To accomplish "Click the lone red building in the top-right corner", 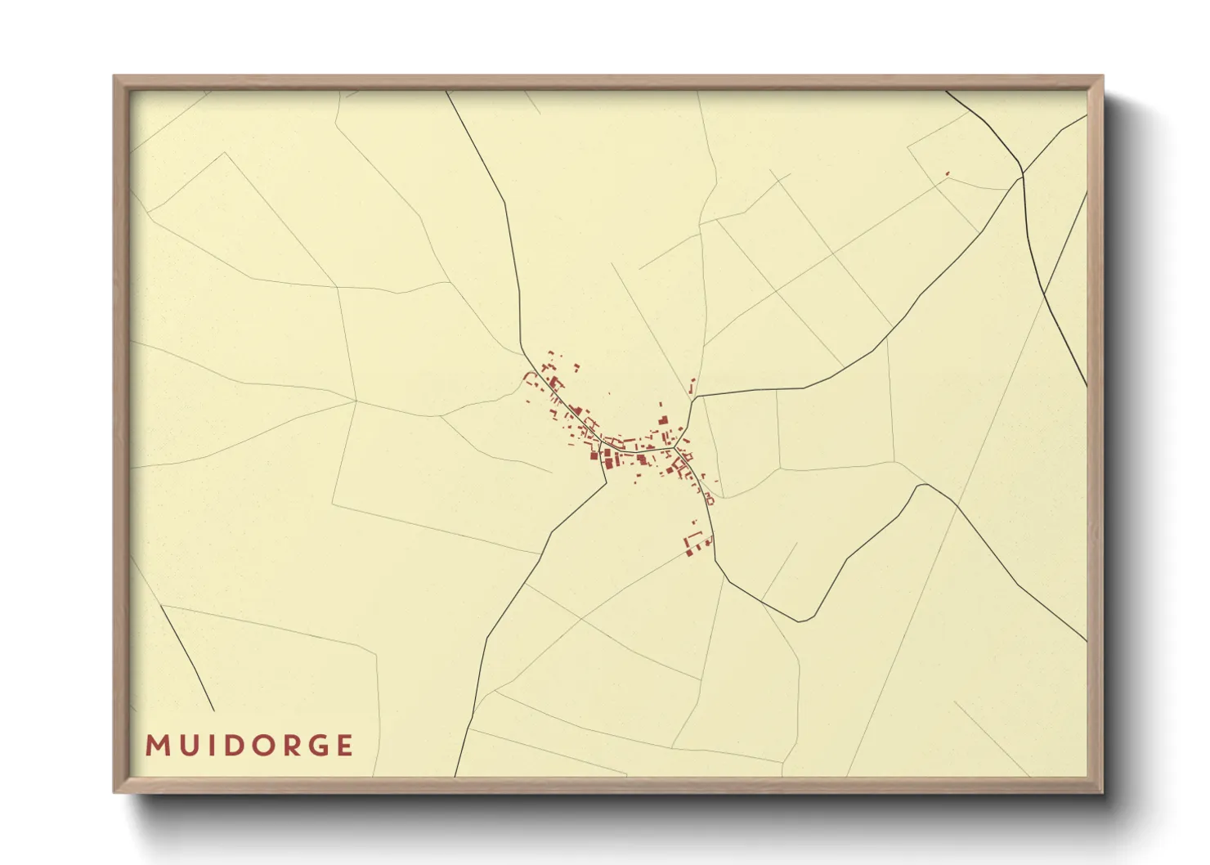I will tap(948, 173).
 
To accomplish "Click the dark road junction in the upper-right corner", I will tap(1023, 174).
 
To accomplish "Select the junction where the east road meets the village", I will tap(694, 398).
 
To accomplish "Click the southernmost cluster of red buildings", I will tap(697, 543).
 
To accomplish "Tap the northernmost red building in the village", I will tap(550, 353).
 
